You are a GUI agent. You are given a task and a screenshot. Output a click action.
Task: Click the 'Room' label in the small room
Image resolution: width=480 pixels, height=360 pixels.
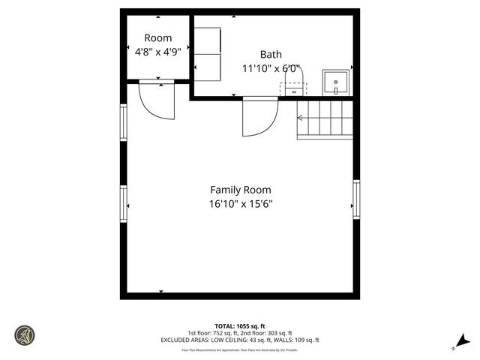point(157,38)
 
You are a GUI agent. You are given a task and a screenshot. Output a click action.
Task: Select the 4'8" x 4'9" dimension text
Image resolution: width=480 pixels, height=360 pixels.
point(157,52)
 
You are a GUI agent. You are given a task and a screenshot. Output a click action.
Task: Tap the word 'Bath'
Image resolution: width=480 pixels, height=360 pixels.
point(271,54)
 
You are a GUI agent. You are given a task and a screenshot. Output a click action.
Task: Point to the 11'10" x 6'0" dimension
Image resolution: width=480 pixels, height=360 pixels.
point(271,68)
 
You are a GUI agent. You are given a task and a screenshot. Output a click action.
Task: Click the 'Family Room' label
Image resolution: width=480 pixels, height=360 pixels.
point(241,190)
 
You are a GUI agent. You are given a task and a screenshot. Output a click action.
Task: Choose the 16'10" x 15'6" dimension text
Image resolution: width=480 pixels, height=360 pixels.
point(241,204)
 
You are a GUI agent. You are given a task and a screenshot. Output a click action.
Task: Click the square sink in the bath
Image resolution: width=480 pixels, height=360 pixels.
point(334,79)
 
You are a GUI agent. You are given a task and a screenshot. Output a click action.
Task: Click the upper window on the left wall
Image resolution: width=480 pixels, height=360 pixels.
point(124,121)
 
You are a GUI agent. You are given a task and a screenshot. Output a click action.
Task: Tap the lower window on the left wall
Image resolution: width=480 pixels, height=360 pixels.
point(124,204)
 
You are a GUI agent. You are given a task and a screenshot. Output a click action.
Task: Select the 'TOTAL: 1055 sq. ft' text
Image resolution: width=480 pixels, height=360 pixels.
point(240,326)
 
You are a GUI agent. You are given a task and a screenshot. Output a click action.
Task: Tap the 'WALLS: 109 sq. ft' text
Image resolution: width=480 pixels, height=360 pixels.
point(293,340)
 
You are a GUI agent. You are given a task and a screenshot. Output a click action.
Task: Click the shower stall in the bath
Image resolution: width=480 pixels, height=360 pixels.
point(208,54)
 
